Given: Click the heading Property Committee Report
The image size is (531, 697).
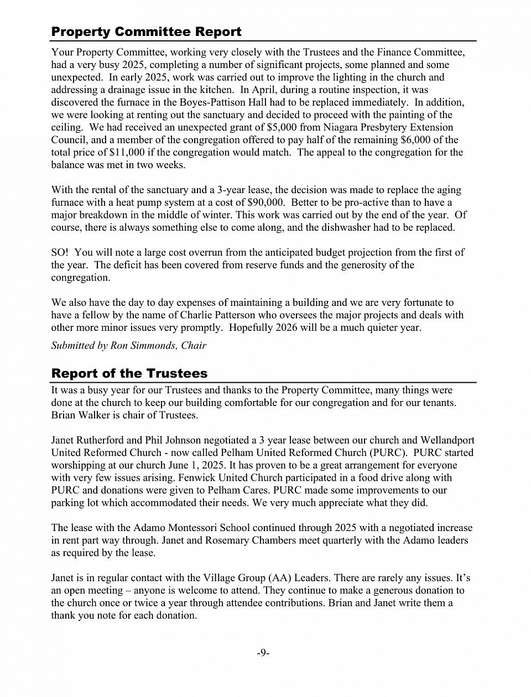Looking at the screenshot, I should coord(146,32).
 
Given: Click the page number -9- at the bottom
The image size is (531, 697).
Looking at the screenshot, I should coord(263,653).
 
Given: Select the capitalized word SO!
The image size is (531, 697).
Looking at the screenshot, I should coord(60,253).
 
